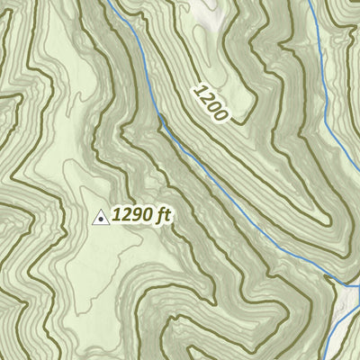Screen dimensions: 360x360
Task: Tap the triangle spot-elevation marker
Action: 101,217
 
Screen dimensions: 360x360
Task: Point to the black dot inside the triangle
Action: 101,218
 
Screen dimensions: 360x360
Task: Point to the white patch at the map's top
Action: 208,11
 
